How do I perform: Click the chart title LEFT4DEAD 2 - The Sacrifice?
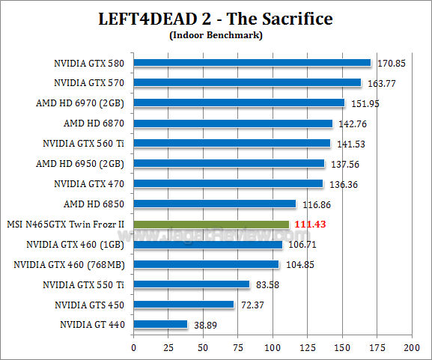(216, 18)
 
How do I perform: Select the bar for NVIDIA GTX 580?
(252, 63)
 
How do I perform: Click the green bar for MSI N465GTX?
(211, 224)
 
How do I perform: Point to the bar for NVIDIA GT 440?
(160, 325)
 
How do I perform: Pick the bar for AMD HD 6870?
(233, 123)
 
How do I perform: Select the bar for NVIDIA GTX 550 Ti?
(192, 284)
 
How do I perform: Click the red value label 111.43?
(309, 224)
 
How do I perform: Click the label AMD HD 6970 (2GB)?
(85, 103)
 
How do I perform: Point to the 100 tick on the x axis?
(273, 347)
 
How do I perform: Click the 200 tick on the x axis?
(411, 347)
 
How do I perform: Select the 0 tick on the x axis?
(134, 347)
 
